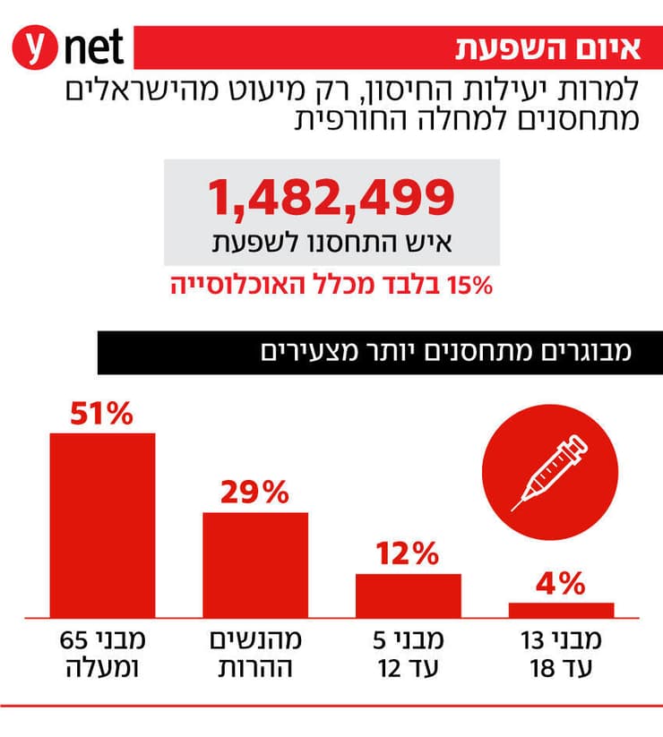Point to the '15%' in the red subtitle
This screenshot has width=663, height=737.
pos(471,286)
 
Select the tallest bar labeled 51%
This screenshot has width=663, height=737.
pos(102,525)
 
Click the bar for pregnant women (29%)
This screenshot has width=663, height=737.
pos(255,564)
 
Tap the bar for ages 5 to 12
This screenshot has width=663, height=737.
pos(409,595)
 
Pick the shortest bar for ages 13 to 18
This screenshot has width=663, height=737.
pos(562,610)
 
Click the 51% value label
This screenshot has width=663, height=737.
pos(102,414)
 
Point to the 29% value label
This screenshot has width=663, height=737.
pos(255,492)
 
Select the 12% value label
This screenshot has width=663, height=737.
pos(409,554)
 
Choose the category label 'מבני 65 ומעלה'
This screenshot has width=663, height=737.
pos(102,655)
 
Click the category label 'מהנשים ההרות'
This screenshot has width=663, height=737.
pos(255,655)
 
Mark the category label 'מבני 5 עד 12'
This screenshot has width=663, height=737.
pos(409,655)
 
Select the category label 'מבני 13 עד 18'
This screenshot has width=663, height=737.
pos(562,655)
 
